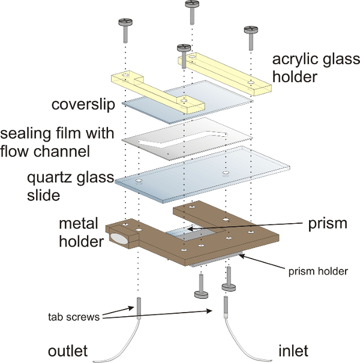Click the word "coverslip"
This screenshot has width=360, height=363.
(x=83, y=104)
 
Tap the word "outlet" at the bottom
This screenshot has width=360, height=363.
(x=68, y=351)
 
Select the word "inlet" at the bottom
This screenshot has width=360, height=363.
(x=293, y=351)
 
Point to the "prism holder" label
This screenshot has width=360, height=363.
(x=318, y=271)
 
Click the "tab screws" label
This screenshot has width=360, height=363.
(x=74, y=317)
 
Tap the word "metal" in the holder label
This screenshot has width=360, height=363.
(x=79, y=224)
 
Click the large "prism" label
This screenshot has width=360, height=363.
(x=328, y=224)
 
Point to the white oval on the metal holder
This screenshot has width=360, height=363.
(x=119, y=239)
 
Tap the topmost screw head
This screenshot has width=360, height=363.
(x=192, y=4)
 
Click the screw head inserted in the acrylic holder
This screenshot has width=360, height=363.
(x=184, y=48)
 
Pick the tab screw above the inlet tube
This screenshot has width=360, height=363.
(x=226, y=307)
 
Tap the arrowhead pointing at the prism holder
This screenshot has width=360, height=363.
(x=241, y=256)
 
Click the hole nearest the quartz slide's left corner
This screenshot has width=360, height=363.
(x=139, y=181)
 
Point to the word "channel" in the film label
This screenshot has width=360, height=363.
(x=62, y=151)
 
